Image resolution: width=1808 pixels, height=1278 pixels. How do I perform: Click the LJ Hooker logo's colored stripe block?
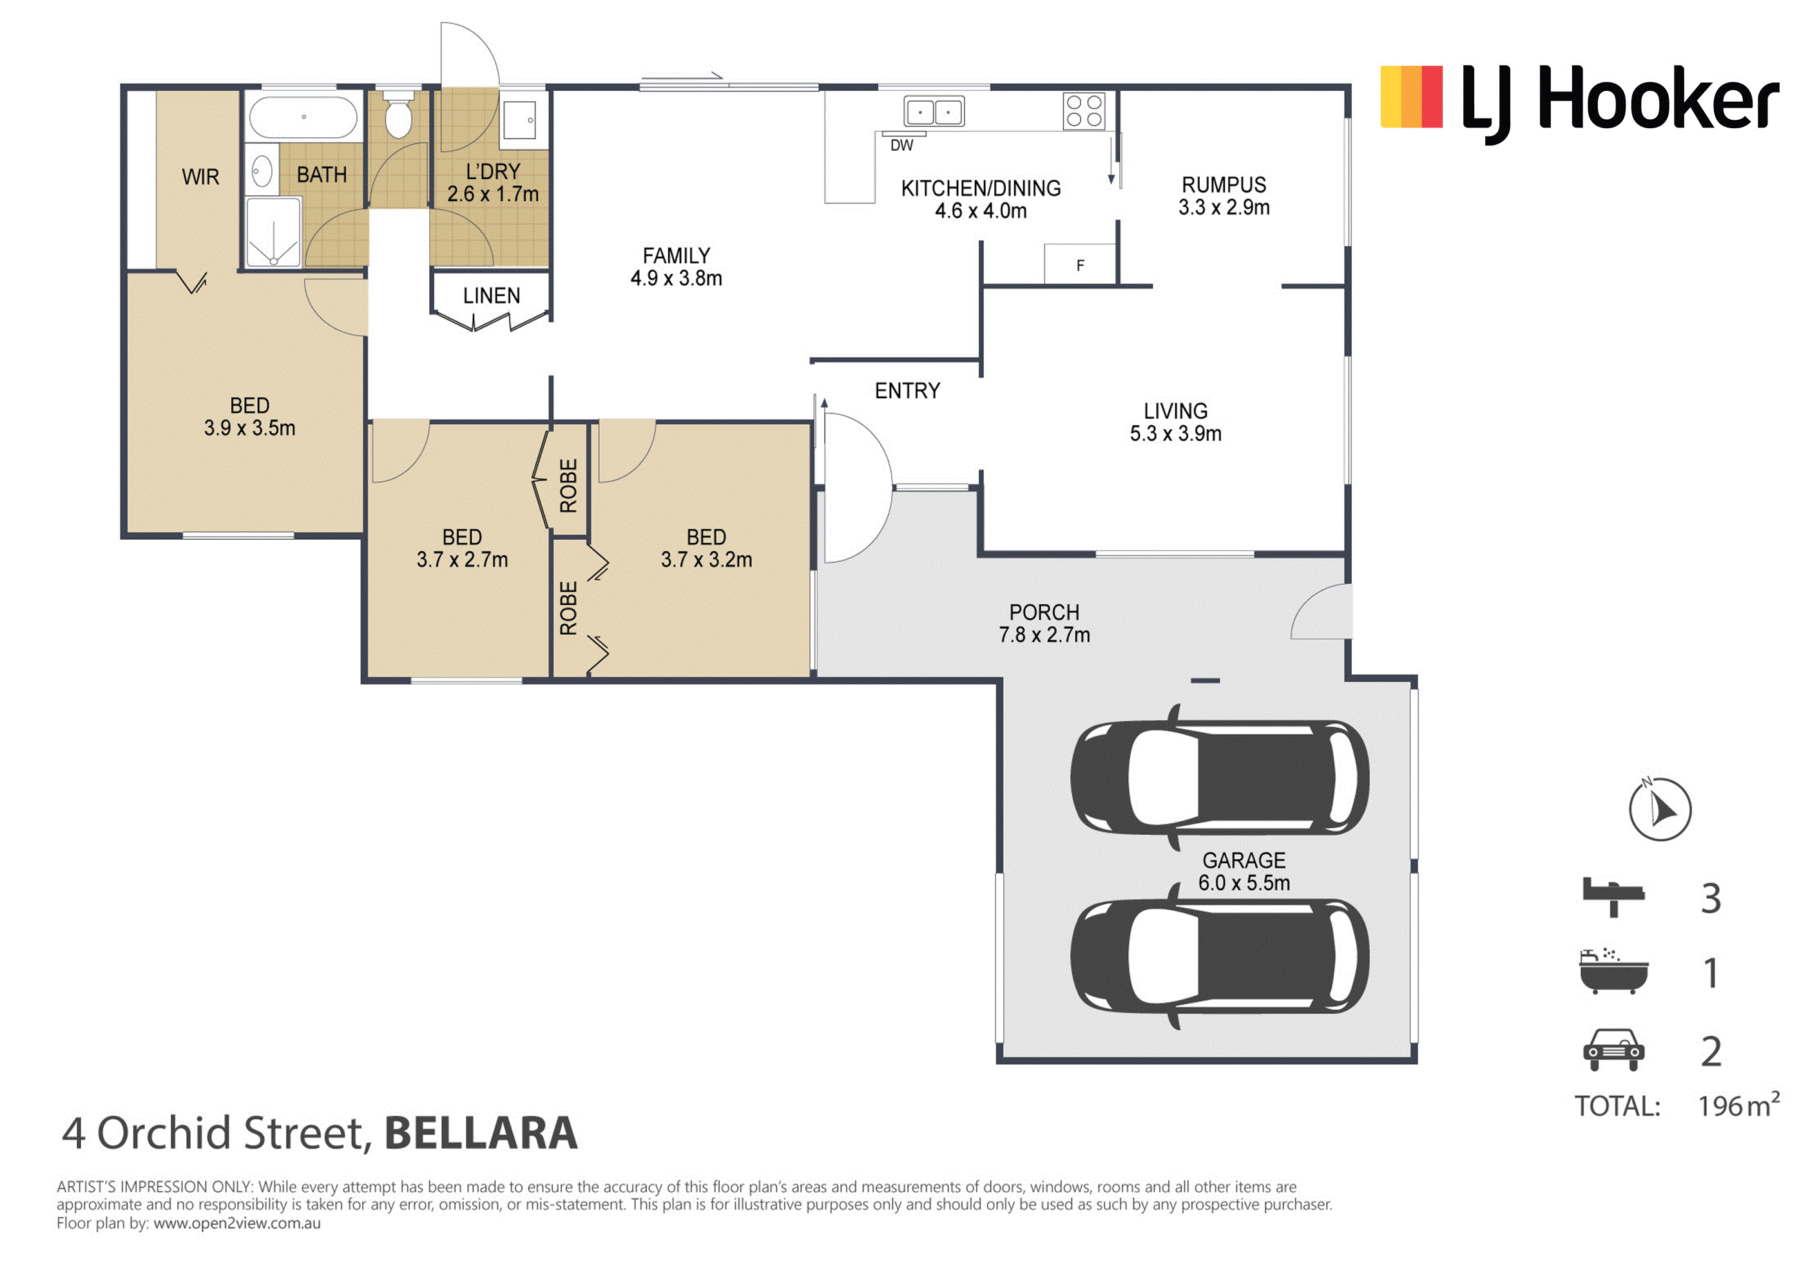[1411, 97]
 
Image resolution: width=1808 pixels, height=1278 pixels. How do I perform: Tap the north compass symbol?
[1660, 808]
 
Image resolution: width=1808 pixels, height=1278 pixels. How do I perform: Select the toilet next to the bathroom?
[398, 114]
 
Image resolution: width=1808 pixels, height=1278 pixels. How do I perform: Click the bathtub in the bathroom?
[303, 117]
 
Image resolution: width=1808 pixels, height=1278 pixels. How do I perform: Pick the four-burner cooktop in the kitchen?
[1084, 111]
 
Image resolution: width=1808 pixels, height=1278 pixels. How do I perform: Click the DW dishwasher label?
[901, 146]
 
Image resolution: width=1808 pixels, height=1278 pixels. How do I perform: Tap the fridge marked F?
[1080, 264]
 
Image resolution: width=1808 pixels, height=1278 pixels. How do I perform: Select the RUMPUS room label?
[1224, 185]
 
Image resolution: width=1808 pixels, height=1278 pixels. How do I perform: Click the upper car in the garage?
[1220, 777]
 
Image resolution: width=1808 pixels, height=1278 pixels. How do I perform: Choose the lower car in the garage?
[1220, 956]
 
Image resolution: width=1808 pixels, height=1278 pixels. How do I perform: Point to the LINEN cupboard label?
[492, 296]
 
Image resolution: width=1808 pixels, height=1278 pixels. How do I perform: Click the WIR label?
[201, 177]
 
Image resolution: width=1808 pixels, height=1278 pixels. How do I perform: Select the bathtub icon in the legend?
[1613, 971]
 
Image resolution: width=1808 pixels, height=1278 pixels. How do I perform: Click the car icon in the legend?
[1613, 1049]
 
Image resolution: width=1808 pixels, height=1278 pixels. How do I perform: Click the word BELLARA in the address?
[481, 1133]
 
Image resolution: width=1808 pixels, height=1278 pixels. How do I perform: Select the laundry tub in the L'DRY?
[519, 120]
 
